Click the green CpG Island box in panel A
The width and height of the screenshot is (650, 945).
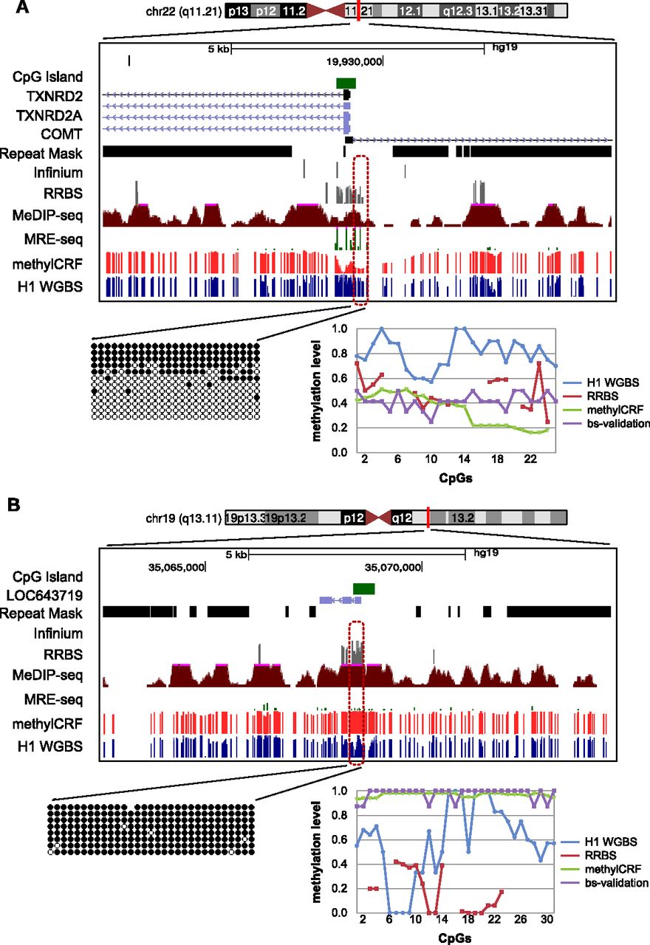point(346,83)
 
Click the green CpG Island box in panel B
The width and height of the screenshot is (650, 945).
point(364,588)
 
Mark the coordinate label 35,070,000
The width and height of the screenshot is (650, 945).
point(394,567)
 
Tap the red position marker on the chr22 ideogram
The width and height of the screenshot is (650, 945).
point(357,11)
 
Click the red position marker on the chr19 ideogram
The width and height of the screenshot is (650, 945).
point(428,518)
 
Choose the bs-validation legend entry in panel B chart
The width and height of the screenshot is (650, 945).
point(619,882)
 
